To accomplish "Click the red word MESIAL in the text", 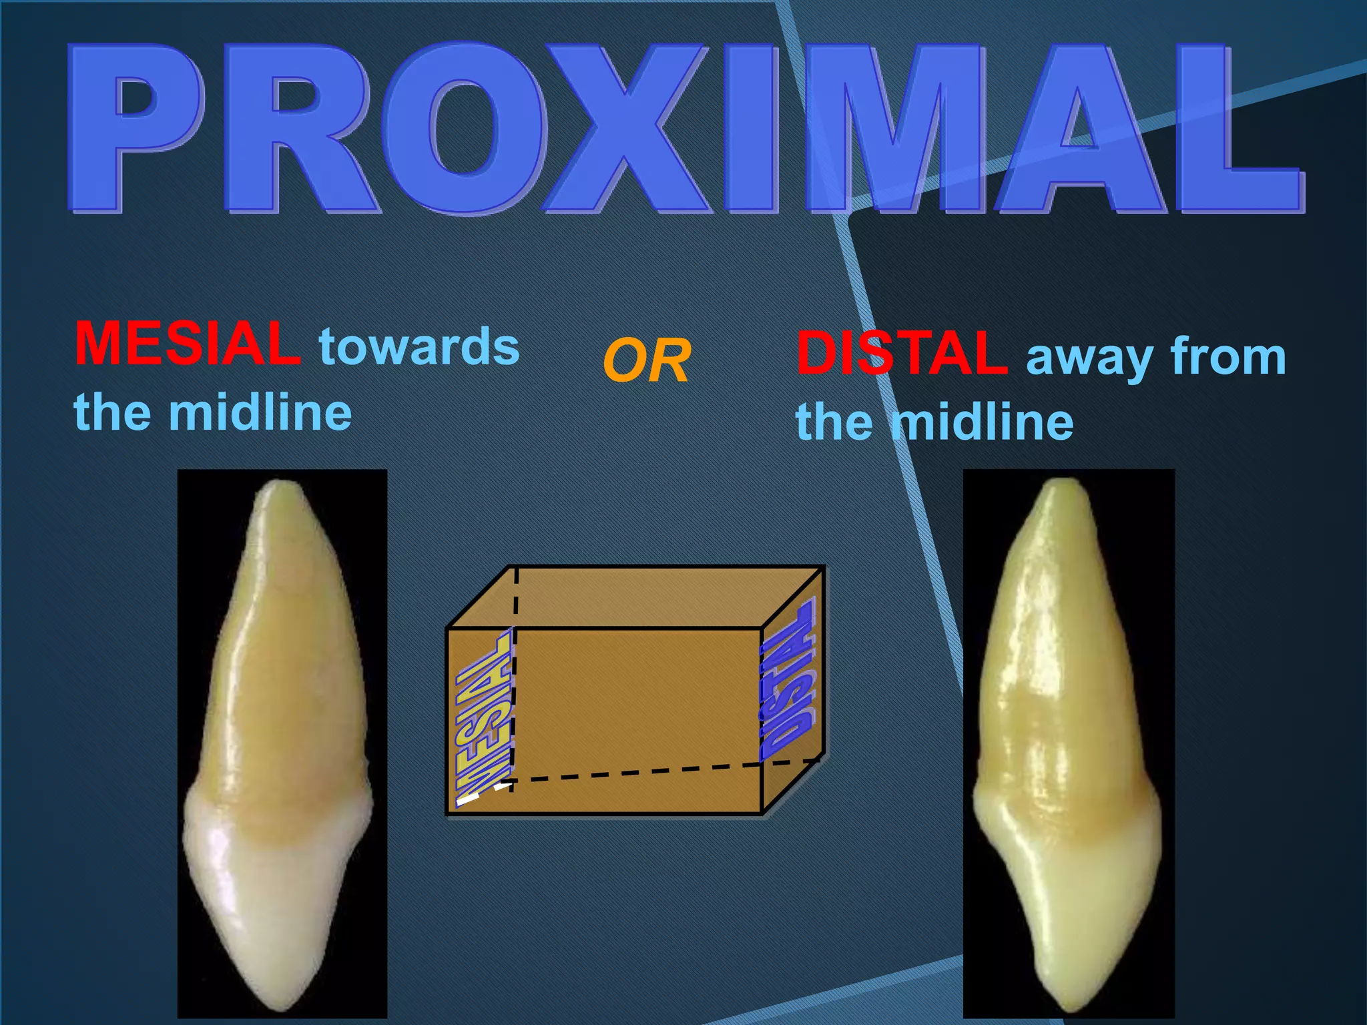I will click(x=186, y=344).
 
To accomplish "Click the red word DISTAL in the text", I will click(x=902, y=354).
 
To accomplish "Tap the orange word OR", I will click(x=646, y=361).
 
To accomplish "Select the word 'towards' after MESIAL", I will click(x=419, y=346).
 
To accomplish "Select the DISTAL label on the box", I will click(x=788, y=681).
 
